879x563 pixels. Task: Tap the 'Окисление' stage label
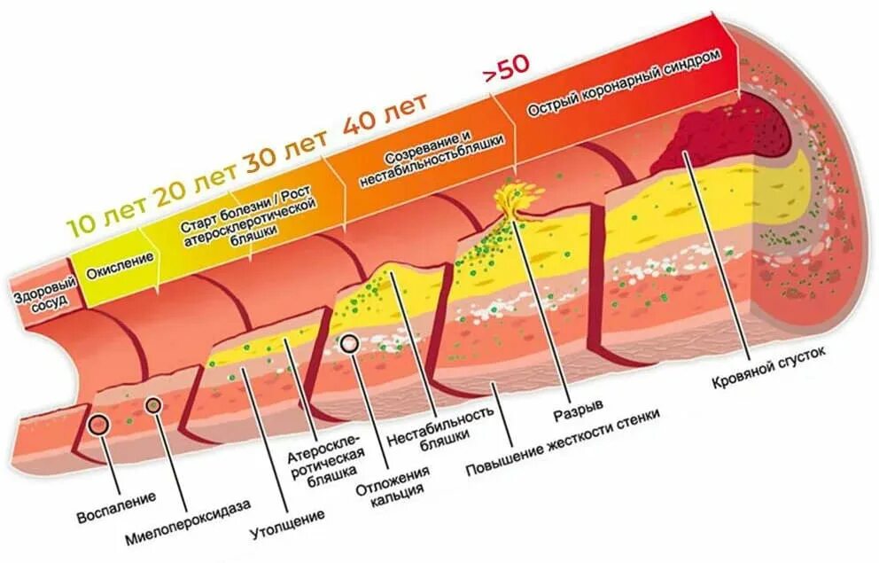coord(113,263)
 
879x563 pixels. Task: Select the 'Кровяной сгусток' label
coord(767,367)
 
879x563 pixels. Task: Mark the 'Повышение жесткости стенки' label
coord(564,441)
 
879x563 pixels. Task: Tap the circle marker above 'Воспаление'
coord(98,426)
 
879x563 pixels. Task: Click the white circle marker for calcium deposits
coord(349,345)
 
